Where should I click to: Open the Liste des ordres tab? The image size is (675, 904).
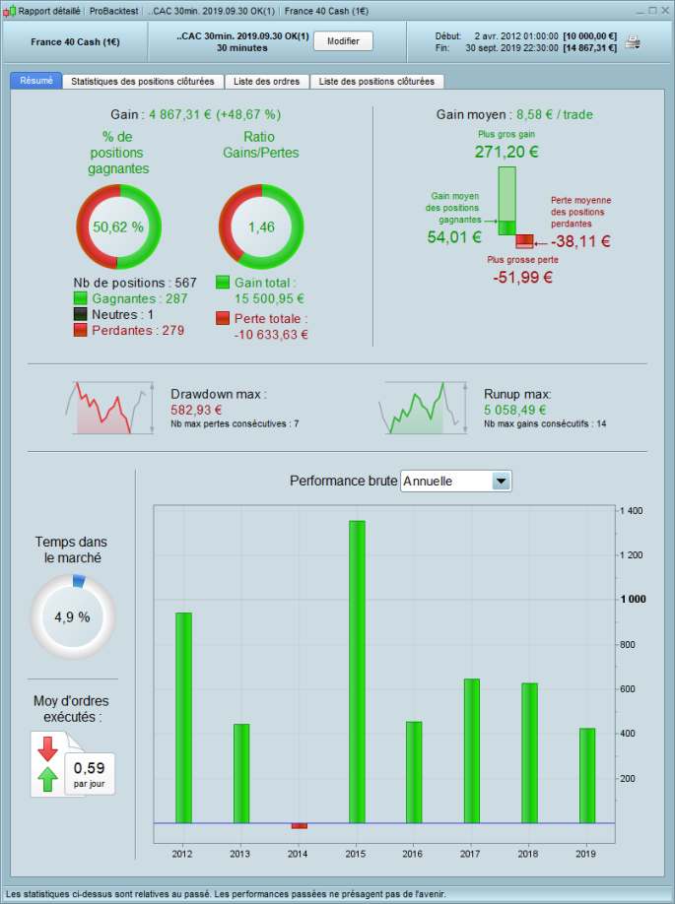267,82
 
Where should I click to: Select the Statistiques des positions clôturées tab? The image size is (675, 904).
144,82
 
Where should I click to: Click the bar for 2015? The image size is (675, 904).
357,671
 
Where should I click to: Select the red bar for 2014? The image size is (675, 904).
300,825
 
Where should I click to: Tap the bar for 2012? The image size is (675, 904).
183,717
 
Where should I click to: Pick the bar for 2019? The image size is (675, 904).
587,775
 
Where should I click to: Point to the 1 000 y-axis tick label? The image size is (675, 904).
634,600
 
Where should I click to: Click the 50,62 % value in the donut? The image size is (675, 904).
118,226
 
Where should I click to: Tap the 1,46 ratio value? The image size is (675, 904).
260,226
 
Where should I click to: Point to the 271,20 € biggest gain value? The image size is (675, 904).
506,153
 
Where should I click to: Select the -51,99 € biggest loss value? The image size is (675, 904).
523,279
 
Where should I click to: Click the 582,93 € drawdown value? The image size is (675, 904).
196,410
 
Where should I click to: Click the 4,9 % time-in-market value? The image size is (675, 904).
72,617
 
